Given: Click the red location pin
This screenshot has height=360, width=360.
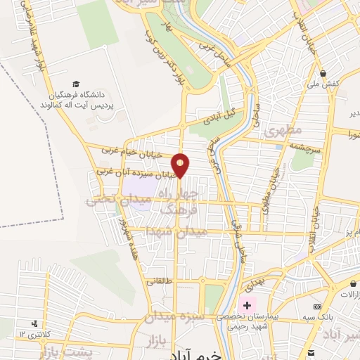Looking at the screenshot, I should (x=181, y=165).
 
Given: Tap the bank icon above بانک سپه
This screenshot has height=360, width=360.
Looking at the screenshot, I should (x=317, y=307).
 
